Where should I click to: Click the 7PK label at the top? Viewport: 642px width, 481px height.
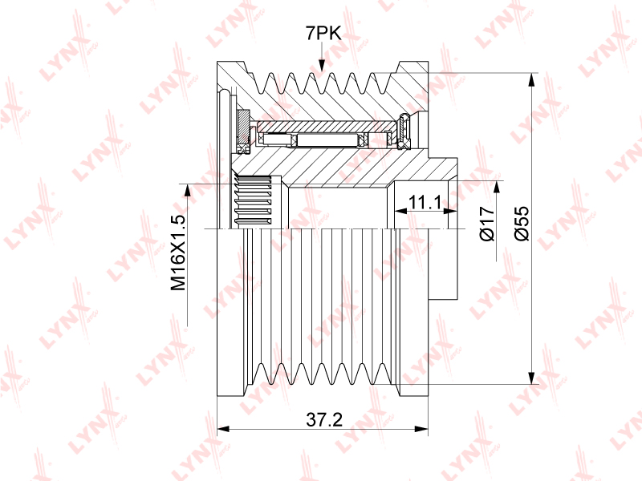tap(323, 33)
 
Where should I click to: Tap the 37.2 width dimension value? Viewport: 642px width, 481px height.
tap(324, 419)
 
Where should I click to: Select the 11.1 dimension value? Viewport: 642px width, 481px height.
tap(425, 202)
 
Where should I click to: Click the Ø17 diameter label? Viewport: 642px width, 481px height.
tap(485, 224)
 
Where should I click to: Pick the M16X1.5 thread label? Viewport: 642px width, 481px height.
tap(178, 253)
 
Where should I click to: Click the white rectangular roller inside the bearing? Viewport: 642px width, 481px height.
tap(326, 141)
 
